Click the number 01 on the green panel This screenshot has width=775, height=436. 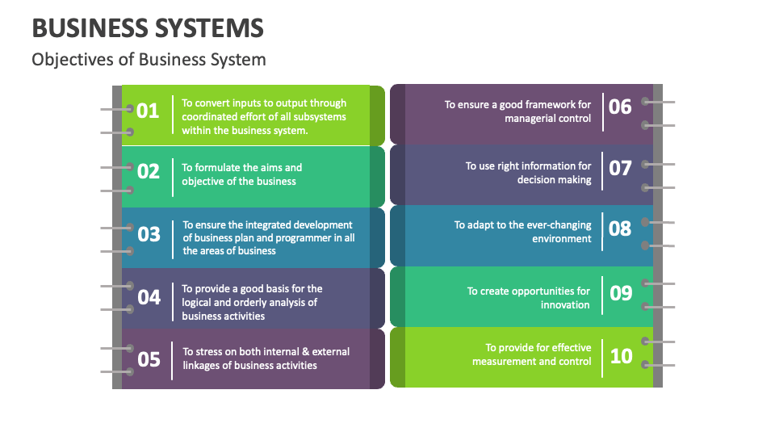pyautogui.click(x=148, y=111)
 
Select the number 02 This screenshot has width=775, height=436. pyautogui.click(x=149, y=171)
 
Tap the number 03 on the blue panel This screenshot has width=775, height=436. pyautogui.click(x=149, y=234)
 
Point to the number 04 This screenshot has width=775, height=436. pyautogui.click(x=149, y=297)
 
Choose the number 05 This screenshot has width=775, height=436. pyautogui.click(x=149, y=358)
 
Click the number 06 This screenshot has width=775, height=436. pyautogui.click(x=620, y=107)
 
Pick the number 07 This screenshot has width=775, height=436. pyautogui.click(x=620, y=168)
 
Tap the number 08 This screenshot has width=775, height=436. pyautogui.click(x=620, y=228)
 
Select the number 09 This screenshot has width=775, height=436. pyautogui.click(x=621, y=292)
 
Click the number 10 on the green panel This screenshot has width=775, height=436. pyautogui.click(x=621, y=355)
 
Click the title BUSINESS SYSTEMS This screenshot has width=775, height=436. pyautogui.click(x=148, y=28)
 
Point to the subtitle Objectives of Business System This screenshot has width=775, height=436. pyautogui.click(x=149, y=60)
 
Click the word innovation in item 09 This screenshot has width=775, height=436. pyautogui.click(x=565, y=305)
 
